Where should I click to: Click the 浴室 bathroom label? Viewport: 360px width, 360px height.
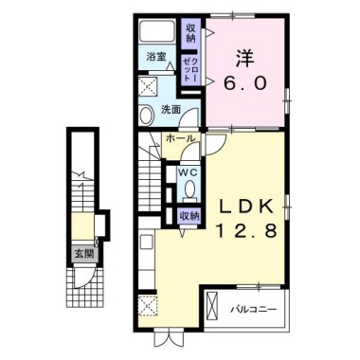pos(155,57)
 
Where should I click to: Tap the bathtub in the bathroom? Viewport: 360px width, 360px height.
pos(157,30)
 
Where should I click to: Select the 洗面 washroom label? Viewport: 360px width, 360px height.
pos(171,110)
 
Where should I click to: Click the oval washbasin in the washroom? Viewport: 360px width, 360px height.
pos(146,116)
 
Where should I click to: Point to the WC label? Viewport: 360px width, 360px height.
pos(189,172)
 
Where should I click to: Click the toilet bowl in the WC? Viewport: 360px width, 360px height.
pos(189,189)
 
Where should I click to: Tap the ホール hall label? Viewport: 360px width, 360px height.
pos(180,138)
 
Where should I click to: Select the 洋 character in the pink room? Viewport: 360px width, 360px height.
pos(245,58)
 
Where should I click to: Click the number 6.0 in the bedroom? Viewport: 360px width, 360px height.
pos(245,84)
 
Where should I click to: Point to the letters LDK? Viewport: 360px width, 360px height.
pos(246,207)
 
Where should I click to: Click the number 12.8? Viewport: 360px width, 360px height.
pos(247,230)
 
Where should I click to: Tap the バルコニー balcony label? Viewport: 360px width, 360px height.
pos(253,309)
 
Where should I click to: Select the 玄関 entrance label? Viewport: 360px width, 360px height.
pos(84,253)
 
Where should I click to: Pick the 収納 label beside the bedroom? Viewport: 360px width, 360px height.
pos(190,33)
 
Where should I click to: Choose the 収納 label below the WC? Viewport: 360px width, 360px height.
pos(189,216)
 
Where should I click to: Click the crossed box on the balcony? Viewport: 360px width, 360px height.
pos(212,306)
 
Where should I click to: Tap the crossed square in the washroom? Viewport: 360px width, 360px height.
pos(149,85)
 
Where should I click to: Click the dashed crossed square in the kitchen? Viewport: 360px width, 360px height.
pos(148,305)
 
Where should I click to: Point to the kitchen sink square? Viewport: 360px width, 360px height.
pos(147,243)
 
